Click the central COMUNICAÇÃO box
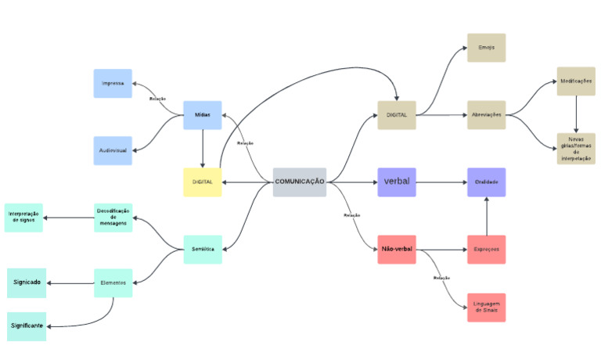point(300,182)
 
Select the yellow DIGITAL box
point(203,182)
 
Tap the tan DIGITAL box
point(397,115)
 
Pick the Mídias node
point(203,115)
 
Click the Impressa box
point(113,83)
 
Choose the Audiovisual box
point(113,150)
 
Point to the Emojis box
point(487,48)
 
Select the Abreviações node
point(487,115)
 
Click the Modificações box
point(576,81)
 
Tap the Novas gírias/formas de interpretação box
point(576,149)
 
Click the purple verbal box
point(397,182)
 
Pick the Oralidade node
point(487,182)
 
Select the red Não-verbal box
point(397,250)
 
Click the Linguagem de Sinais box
point(487,307)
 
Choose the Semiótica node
point(203,250)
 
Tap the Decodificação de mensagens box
point(113,218)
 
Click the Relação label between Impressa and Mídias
point(157,99)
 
